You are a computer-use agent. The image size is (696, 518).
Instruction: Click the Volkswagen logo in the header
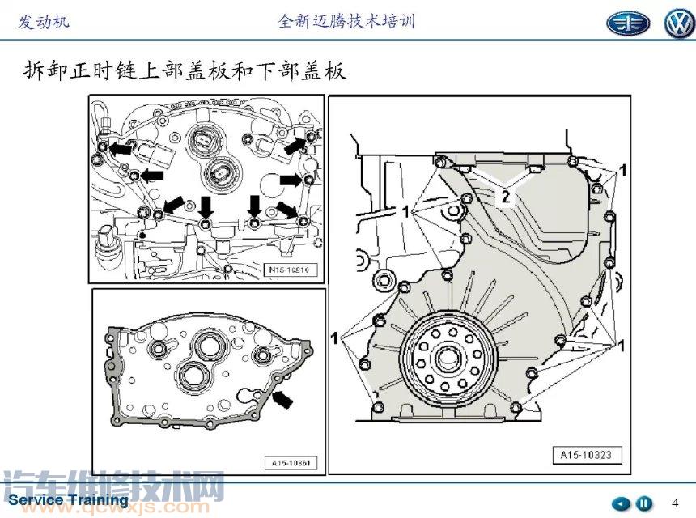678,23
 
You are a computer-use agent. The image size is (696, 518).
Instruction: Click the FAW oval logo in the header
628,23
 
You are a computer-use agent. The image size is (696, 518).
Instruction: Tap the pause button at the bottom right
644,503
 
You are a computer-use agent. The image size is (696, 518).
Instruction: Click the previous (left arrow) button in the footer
621,503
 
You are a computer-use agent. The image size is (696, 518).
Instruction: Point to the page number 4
676,503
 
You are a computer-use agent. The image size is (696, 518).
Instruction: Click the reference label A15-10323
587,454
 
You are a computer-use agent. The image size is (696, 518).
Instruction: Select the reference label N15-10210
291,269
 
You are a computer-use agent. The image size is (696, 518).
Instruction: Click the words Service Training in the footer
68,499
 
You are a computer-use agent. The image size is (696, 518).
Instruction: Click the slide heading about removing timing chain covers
185,71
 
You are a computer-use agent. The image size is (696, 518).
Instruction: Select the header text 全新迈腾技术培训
346,21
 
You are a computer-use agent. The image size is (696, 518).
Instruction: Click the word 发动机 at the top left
44,21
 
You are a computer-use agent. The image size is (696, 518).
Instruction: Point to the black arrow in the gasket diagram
283,397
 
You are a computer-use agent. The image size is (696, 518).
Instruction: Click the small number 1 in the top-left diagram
308,231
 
